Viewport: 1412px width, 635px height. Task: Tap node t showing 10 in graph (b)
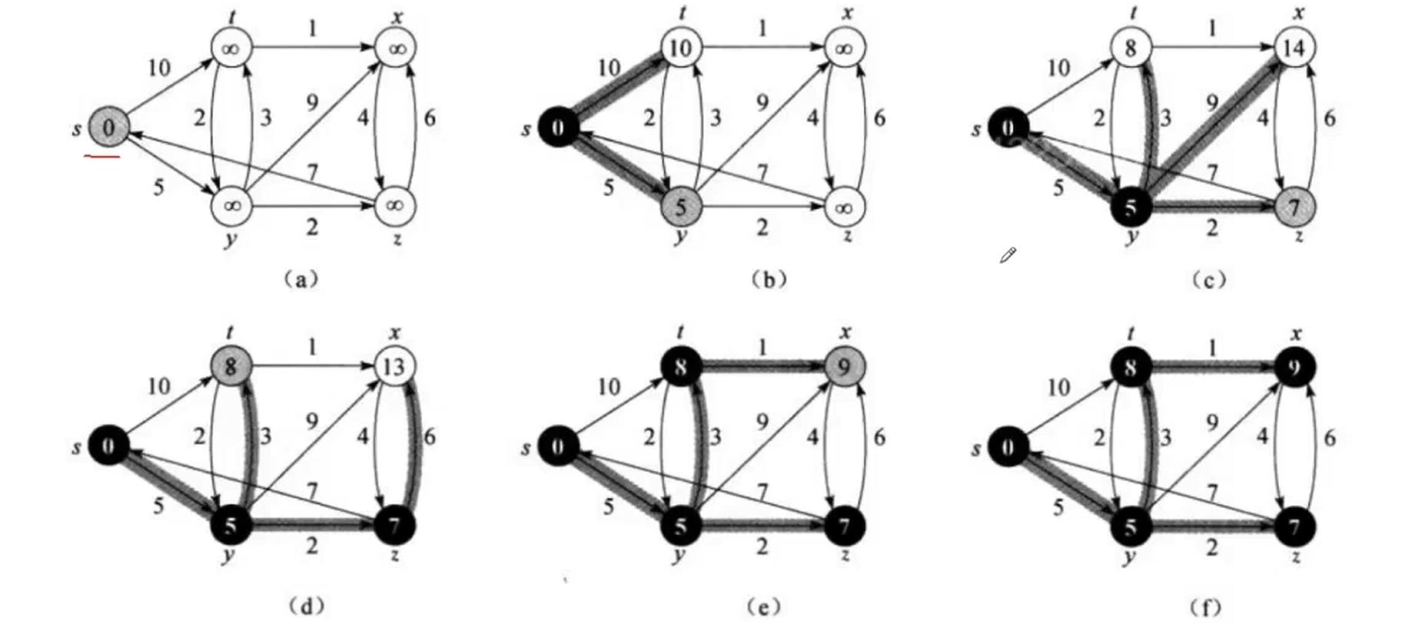coord(679,48)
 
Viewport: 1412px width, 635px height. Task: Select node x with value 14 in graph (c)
coord(1294,48)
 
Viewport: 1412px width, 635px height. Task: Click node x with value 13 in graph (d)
coord(394,367)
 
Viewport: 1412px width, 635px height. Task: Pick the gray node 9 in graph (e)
coord(845,367)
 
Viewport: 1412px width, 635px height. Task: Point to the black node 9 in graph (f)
coord(1294,368)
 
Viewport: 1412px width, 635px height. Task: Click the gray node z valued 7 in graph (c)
coord(1294,206)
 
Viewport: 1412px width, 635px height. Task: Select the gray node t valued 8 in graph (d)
coord(231,367)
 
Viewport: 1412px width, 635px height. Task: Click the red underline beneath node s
coord(102,157)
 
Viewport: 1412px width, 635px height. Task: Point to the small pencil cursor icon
coord(1008,255)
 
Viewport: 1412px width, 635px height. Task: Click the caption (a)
coord(301,279)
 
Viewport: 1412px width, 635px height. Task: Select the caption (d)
coord(306,607)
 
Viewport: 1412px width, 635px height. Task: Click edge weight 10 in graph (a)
coord(159,68)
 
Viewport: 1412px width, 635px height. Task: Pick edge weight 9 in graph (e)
coord(762,421)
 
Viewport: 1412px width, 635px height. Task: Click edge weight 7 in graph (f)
coord(1212,490)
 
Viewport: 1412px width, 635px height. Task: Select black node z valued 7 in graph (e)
coord(845,527)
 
